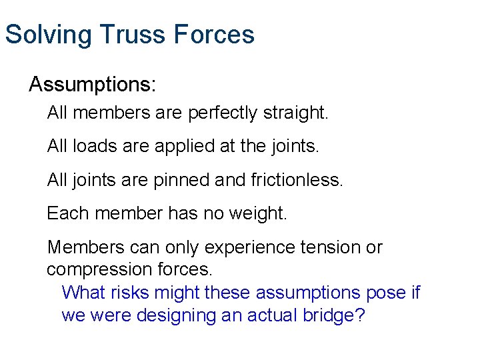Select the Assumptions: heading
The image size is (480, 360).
[93, 85]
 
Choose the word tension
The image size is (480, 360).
[333, 248]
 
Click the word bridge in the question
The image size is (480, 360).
[337, 315]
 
